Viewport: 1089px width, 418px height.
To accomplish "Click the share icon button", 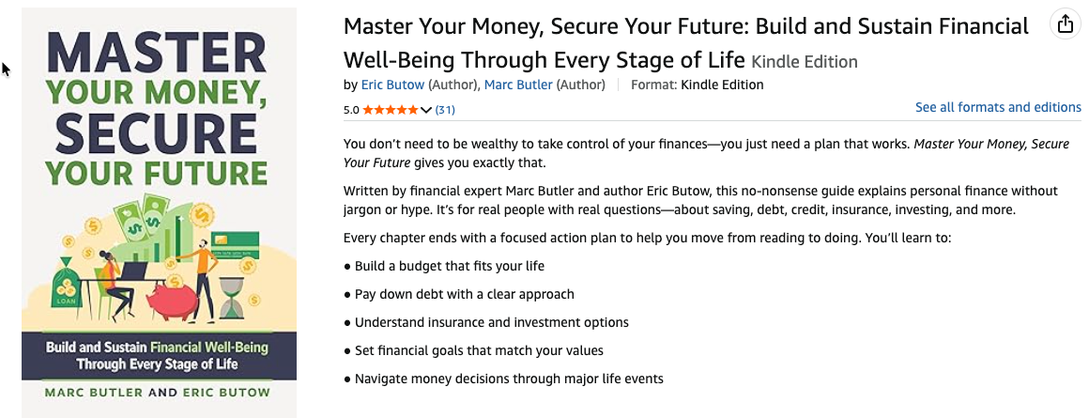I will pos(1065,25).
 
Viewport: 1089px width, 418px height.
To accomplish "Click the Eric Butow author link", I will pos(392,85).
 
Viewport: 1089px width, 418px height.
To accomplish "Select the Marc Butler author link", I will pos(518,85).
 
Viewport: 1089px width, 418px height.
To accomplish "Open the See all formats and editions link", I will pos(998,107).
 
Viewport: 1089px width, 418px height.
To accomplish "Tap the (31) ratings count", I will pos(445,110).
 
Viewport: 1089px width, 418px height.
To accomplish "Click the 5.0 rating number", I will pos(351,110).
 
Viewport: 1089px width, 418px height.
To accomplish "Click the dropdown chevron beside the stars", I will pos(426,110).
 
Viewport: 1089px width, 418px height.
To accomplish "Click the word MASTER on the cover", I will pos(159,54).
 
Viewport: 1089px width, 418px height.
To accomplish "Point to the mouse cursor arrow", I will pos(6,69).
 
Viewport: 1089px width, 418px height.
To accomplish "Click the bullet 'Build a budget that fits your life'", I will pos(449,266).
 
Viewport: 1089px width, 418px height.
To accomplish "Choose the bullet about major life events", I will pos(509,379).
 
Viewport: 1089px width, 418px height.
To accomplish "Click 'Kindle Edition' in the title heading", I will pos(805,62).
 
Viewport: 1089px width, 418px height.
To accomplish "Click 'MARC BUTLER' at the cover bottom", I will pos(100,391).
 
